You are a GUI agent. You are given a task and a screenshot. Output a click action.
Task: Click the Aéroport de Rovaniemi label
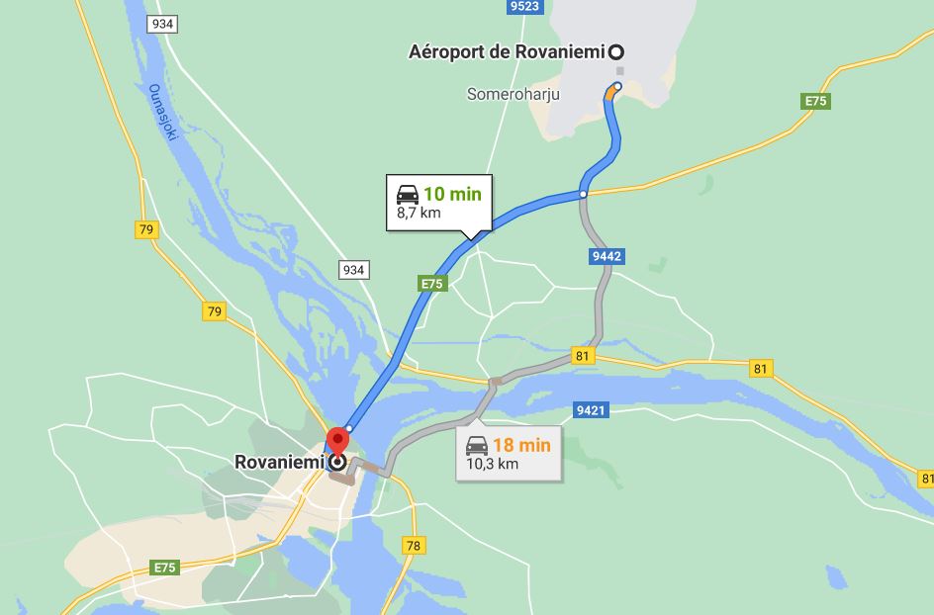click(506, 52)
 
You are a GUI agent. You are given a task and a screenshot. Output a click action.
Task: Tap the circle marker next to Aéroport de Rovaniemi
click(617, 51)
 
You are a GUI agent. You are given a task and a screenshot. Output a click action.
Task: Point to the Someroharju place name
click(514, 95)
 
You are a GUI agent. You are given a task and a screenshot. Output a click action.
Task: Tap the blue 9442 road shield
click(607, 256)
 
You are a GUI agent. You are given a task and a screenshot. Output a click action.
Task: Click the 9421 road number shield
click(591, 409)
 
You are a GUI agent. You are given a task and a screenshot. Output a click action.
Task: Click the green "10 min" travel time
click(452, 194)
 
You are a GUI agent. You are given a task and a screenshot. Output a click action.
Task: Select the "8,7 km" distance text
click(419, 212)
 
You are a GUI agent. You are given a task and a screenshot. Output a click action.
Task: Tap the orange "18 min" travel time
click(521, 445)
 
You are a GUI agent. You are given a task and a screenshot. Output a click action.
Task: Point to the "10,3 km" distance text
click(493, 463)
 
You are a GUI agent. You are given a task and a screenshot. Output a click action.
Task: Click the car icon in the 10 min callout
click(407, 194)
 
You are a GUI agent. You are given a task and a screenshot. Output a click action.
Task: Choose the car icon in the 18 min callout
click(477, 445)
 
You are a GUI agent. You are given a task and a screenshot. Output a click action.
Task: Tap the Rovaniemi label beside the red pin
click(280, 462)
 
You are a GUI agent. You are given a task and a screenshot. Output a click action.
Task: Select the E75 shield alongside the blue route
click(432, 284)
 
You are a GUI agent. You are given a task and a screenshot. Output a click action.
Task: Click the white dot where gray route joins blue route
click(584, 194)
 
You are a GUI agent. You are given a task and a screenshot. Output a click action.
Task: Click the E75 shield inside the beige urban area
click(164, 568)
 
